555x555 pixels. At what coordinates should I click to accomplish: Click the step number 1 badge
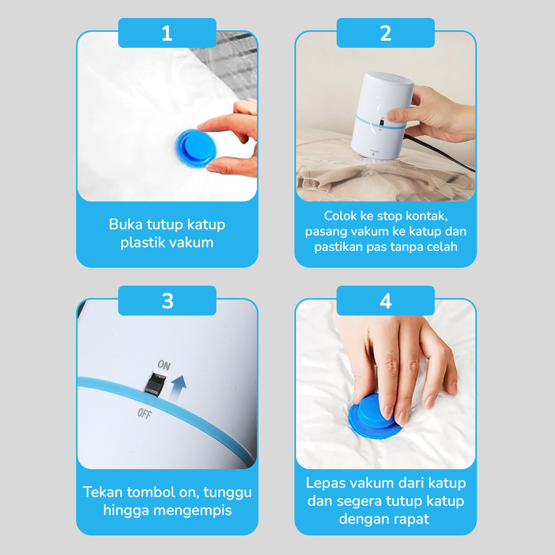pos(167,33)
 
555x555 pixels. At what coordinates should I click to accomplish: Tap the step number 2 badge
pos(385,33)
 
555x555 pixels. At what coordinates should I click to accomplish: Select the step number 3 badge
pos(167,301)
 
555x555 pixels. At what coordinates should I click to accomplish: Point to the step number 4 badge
pos(385,301)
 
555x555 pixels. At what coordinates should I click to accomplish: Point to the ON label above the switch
pos(163,365)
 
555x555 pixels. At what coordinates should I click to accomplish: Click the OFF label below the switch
pos(144,413)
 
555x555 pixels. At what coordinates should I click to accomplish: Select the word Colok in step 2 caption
pos(341,216)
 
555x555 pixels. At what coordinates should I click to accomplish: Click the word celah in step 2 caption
pos(441,247)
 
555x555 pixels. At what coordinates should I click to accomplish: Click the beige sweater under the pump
pos(339,180)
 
